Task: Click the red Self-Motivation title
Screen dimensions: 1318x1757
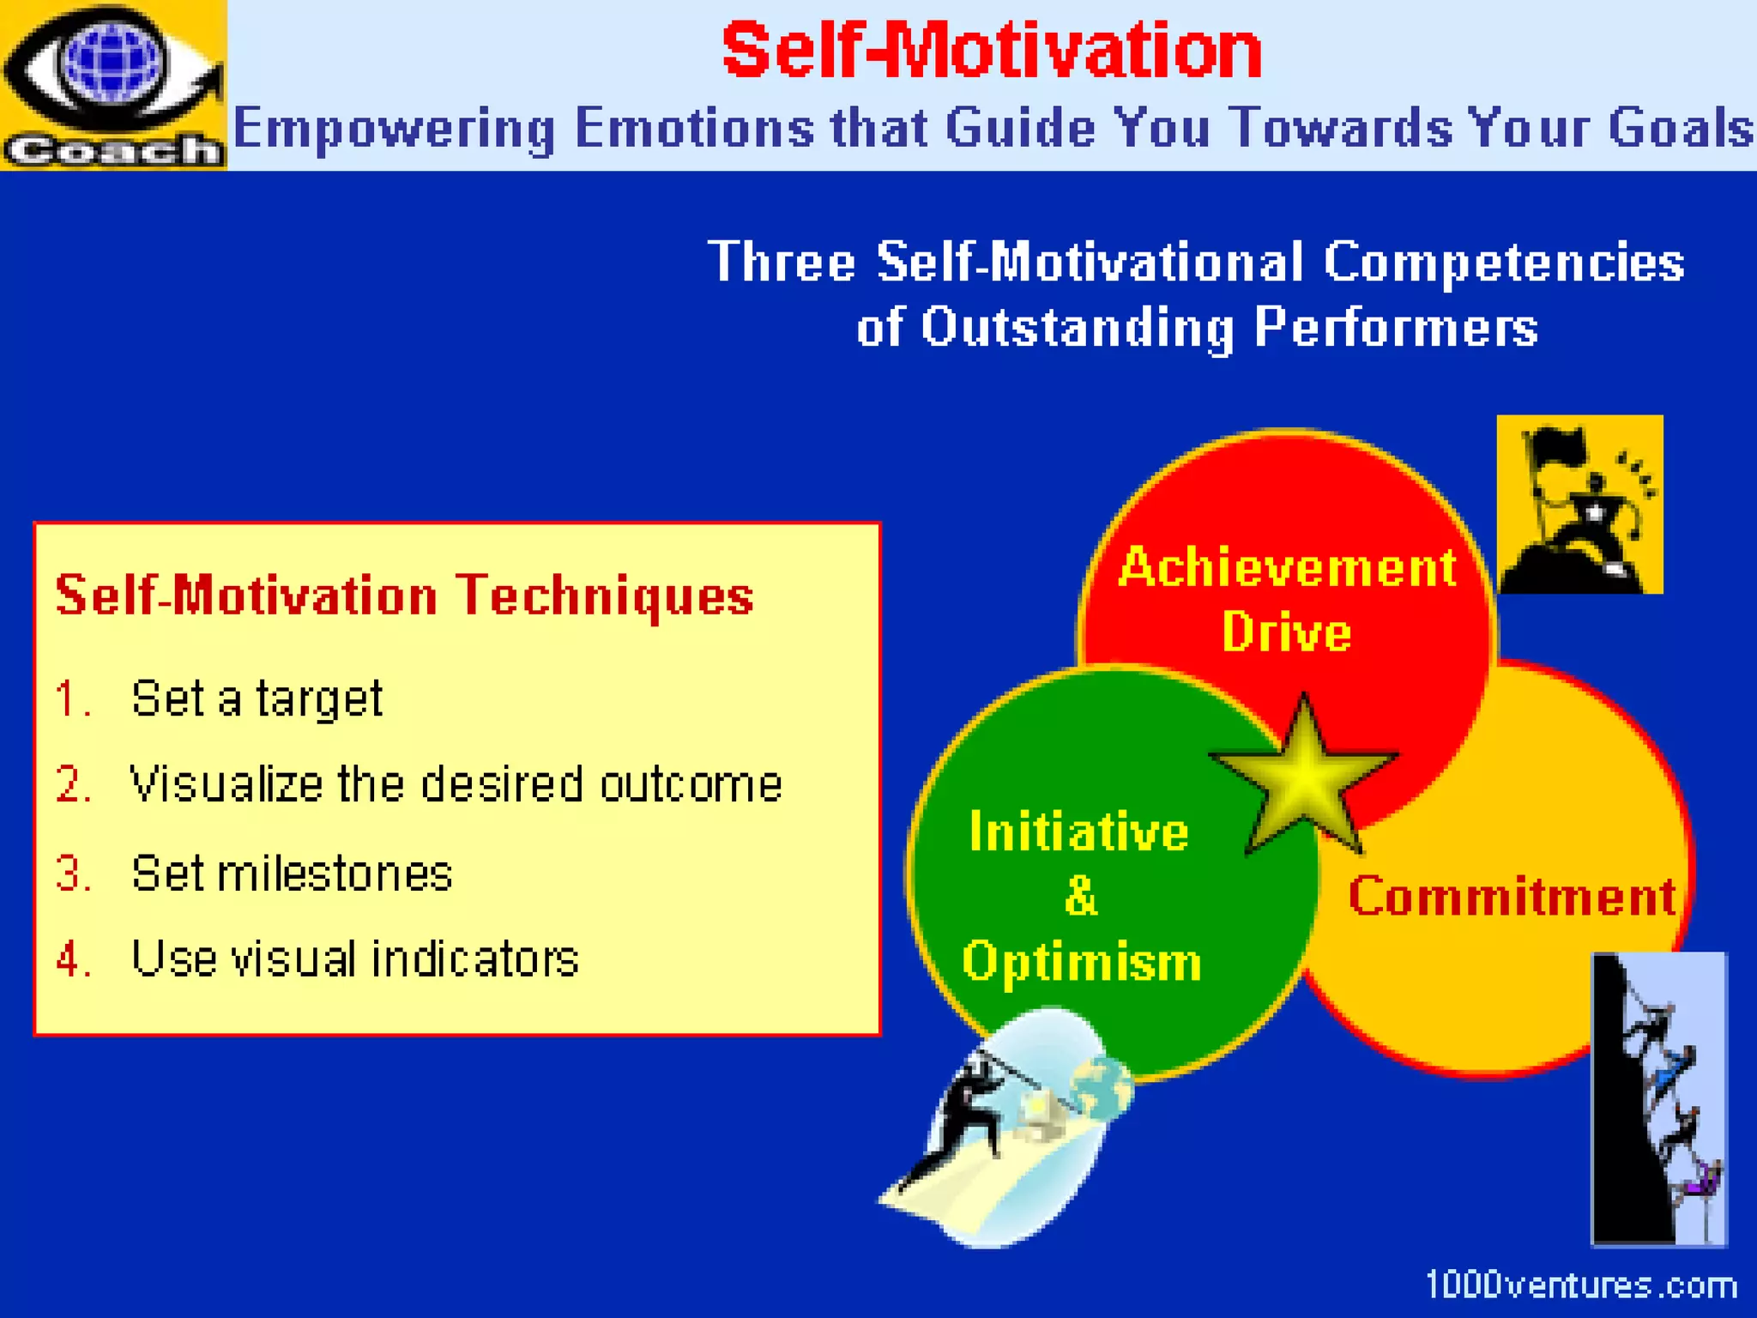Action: [991, 51]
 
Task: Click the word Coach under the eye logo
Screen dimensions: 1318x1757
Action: [112, 150]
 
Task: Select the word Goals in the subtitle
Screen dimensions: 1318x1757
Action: [1680, 129]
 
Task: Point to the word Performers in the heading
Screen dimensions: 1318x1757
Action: [1396, 328]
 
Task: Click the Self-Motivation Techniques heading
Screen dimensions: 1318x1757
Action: [404, 596]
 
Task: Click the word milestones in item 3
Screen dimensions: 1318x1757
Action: [335, 874]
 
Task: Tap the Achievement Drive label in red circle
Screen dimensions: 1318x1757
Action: [1287, 599]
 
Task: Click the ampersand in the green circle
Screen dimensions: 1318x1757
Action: [1080, 896]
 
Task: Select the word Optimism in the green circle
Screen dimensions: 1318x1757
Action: [1081, 961]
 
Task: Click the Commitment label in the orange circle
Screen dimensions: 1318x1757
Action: [1512, 897]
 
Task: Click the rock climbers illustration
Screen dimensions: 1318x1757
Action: [1659, 1098]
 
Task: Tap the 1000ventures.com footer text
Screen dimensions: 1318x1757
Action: [1580, 1285]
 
